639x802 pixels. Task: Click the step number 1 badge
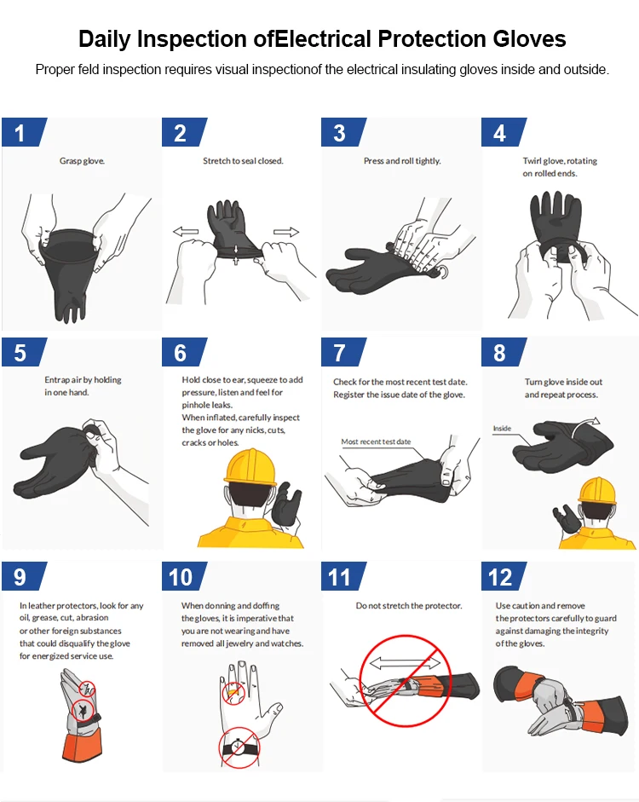(20, 133)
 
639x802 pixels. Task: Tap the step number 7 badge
(340, 353)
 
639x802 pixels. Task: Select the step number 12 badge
(500, 577)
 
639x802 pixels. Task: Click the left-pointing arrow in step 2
(186, 231)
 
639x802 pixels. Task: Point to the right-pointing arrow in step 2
(286, 232)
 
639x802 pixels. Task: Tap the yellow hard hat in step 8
(596, 491)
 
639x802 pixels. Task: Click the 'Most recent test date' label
(376, 441)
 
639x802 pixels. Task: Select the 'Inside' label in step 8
(502, 428)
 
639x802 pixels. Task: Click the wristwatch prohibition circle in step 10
(239, 747)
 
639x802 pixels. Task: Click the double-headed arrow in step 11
(406, 662)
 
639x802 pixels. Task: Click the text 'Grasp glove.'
(82, 160)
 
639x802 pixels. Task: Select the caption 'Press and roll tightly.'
(402, 160)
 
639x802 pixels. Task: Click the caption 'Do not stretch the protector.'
(409, 605)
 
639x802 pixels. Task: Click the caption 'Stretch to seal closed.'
(243, 160)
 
